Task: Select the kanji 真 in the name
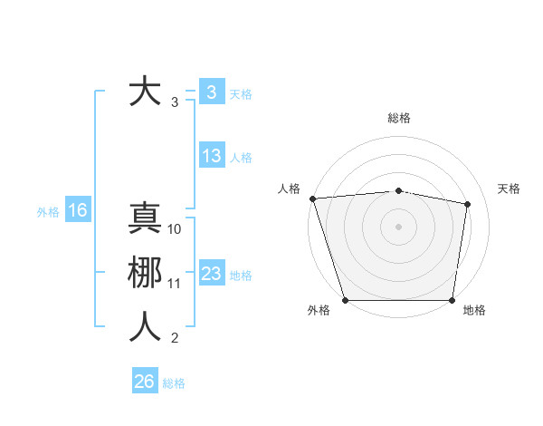click(145, 219)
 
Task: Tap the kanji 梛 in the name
click(145, 273)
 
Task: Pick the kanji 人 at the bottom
click(145, 327)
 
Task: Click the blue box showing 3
click(211, 92)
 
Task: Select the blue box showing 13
click(212, 156)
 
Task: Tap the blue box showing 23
click(212, 274)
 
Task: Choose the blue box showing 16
click(78, 211)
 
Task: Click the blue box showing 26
click(145, 382)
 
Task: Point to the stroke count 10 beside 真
click(176, 229)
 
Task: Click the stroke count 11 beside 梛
click(176, 284)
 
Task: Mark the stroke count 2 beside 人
click(175, 338)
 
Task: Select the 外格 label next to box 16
click(48, 212)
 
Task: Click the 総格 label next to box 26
click(174, 383)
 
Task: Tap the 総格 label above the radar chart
click(398, 118)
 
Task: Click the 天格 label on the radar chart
click(510, 189)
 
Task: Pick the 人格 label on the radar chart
click(289, 189)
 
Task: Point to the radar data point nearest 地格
click(452, 300)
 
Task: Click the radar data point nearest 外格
click(345, 300)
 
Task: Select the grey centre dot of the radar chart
click(398, 226)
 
